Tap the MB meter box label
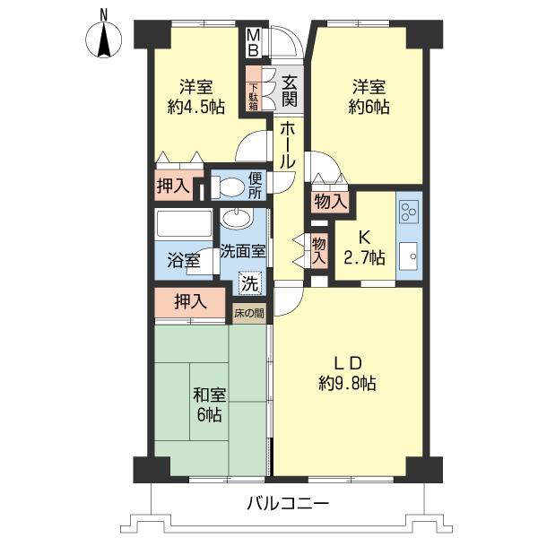tap(253, 42)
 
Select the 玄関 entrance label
tap(290, 91)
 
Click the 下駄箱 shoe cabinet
tap(254, 89)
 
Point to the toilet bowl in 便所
tap(227, 187)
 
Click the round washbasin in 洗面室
tap(237, 219)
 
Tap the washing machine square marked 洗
tap(250, 283)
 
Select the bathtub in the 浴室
tap(184, 225)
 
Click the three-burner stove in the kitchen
tap(409, 212)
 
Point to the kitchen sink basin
tap(408, 256)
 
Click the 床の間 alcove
tap(249, 313)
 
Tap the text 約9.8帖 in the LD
tap(347, 383)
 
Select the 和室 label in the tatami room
tap(210, 395)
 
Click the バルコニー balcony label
tap(288, 504)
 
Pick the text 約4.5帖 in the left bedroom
tap(195, 107)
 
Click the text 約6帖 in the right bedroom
tap(369, 107)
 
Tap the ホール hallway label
tap(288, 146)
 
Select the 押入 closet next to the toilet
tap(173, 186)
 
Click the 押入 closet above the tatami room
tap(190, 302)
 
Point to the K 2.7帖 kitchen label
tap(364, 247)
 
